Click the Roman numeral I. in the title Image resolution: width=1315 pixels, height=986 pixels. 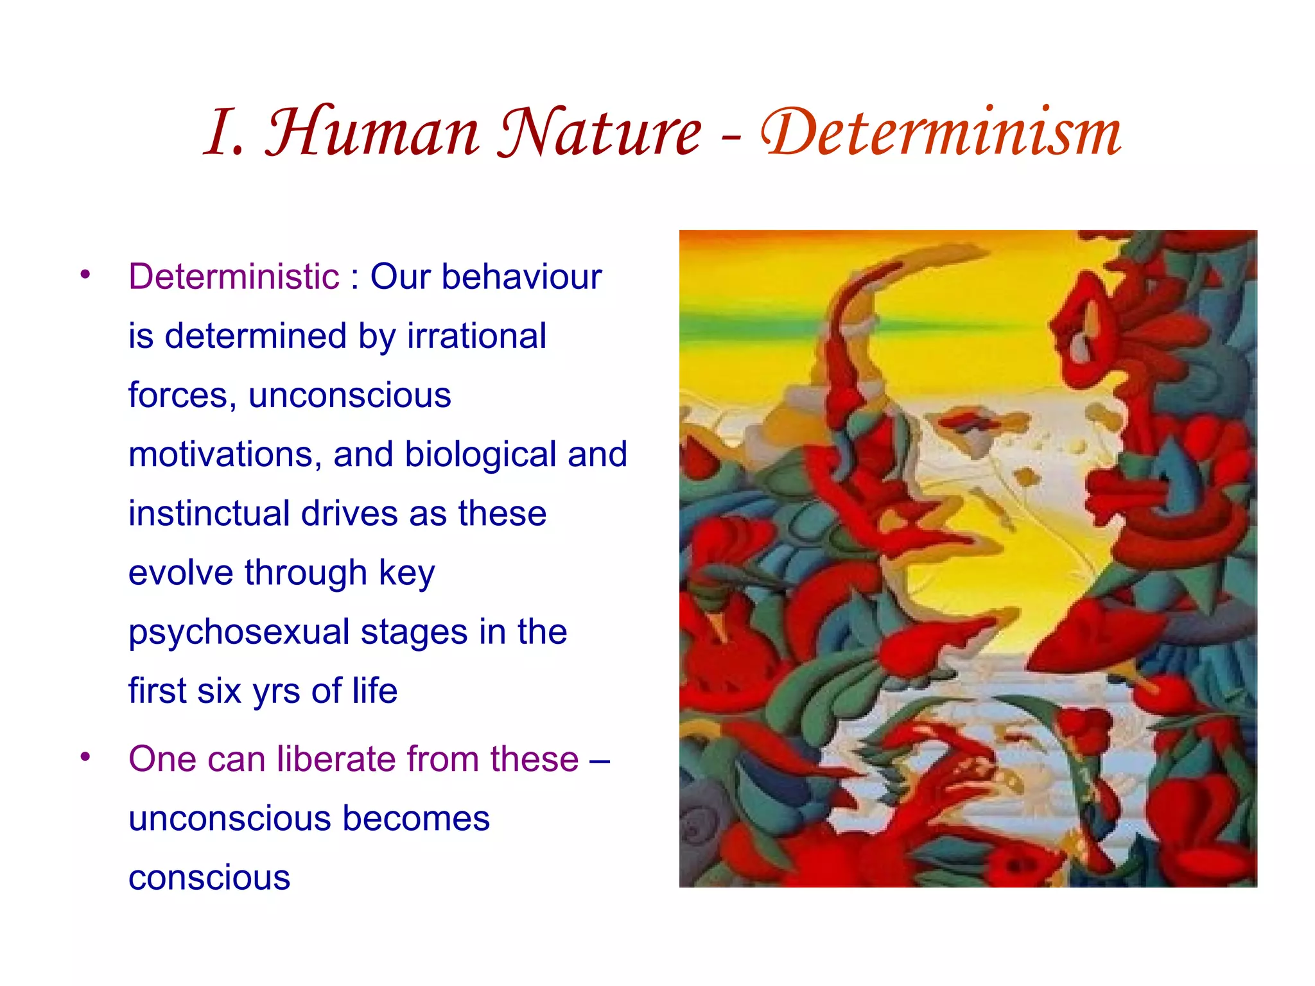click(x=225, y=133)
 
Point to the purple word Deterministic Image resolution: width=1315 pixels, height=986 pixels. click(x=234, y=277)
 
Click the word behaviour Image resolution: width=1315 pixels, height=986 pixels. click(x=521, y=277)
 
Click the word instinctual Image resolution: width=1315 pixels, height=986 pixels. click(x=209, y=514)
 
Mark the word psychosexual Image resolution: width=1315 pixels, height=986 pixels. click(x=239, y=632)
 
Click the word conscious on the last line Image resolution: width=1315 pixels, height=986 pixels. click(x=209, y=878)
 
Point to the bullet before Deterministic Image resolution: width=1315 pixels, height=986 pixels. click(x=85, y=275)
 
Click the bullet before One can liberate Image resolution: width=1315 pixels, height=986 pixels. click(x=85, y=757)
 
